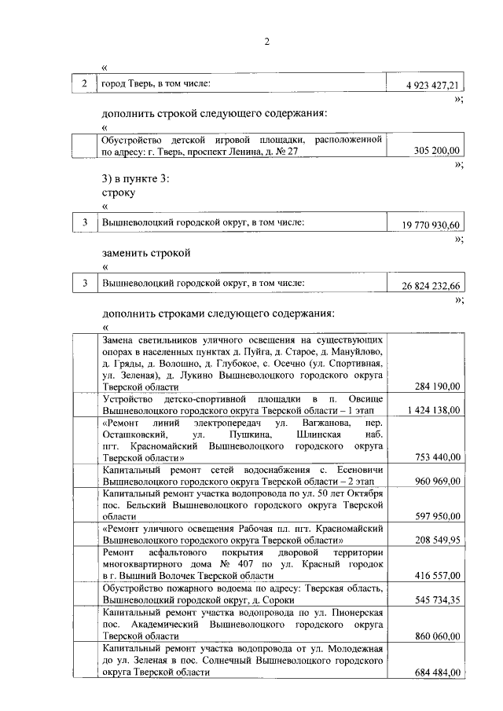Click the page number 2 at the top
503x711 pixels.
click(x=266, y=42)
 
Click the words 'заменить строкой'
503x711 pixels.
click(x=146, y=253)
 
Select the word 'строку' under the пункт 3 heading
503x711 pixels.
click(x=119, y=192)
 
